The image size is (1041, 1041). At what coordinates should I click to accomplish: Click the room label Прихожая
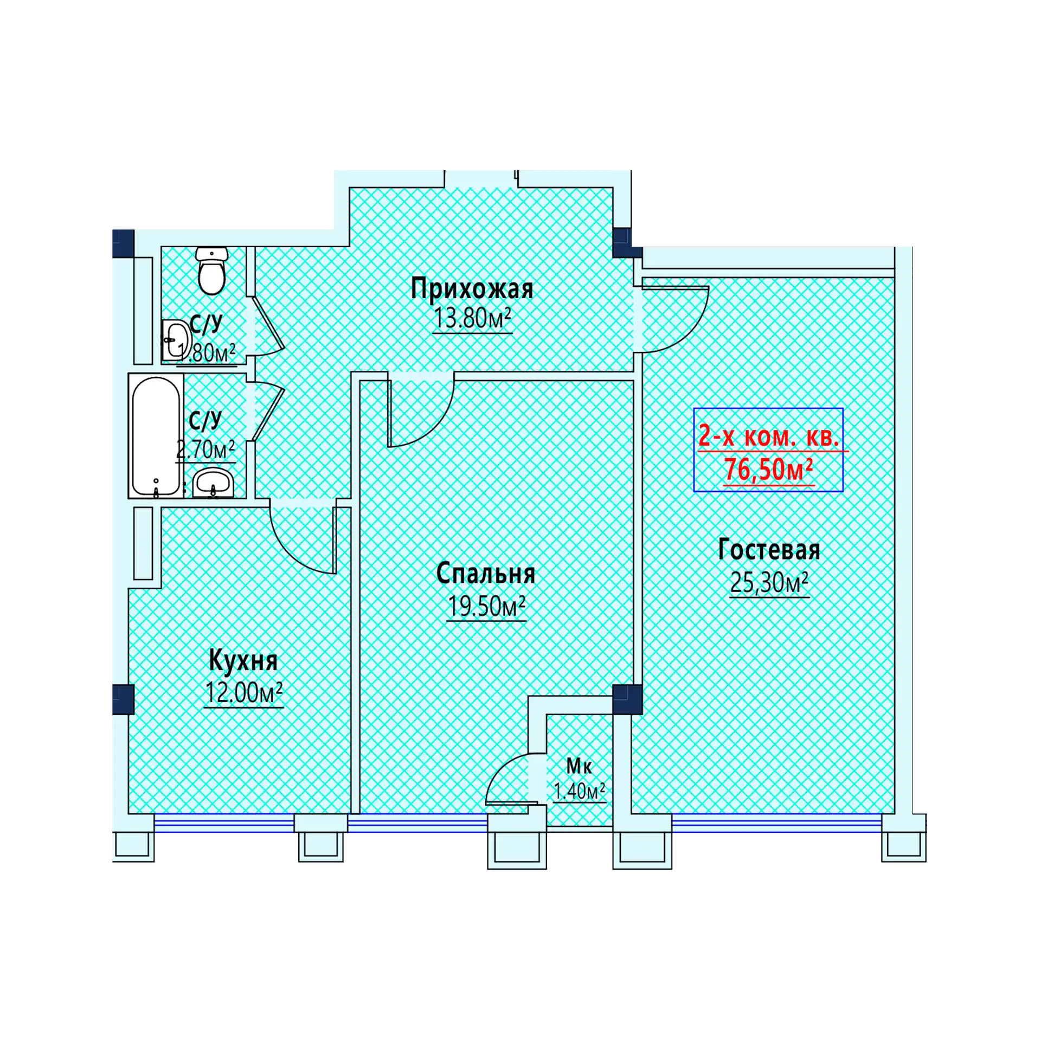472,289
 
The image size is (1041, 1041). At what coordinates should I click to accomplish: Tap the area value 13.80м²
472,318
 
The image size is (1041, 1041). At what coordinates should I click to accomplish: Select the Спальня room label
486,574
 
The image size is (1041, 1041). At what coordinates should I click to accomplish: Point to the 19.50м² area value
486,606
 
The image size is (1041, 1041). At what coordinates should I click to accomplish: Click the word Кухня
243,660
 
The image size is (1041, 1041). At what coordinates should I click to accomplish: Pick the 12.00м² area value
244,692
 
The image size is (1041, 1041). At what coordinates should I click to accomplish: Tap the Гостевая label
769,550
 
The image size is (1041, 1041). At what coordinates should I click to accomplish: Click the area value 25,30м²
769,582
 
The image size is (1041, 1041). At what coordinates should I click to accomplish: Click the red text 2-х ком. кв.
769,436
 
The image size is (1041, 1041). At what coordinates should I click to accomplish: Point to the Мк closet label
579,766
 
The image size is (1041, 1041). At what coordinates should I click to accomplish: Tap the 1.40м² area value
579,792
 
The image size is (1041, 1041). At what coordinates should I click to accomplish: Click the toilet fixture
211,271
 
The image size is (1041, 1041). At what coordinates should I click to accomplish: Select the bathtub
156,436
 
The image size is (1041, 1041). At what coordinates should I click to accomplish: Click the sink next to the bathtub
214,483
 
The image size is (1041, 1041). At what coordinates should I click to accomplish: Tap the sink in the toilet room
176,339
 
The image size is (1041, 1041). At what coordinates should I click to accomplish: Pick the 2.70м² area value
205,449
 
